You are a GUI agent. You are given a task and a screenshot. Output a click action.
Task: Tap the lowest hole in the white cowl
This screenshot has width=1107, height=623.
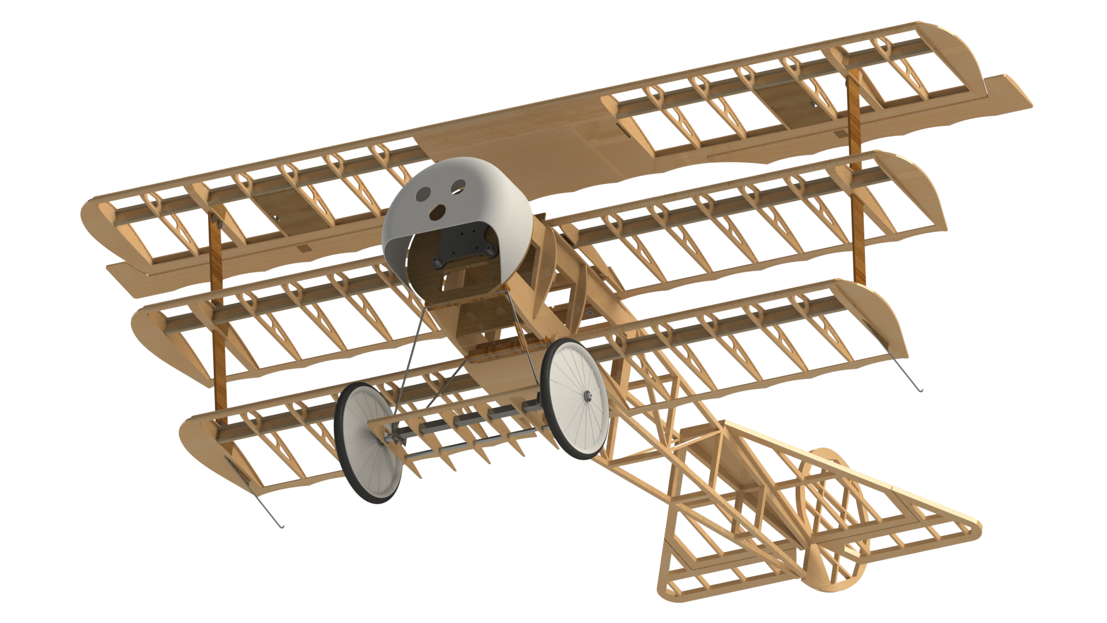tap(438, 212)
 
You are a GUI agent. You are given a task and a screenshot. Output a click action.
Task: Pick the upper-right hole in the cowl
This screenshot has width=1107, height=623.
tap(458, 185)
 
